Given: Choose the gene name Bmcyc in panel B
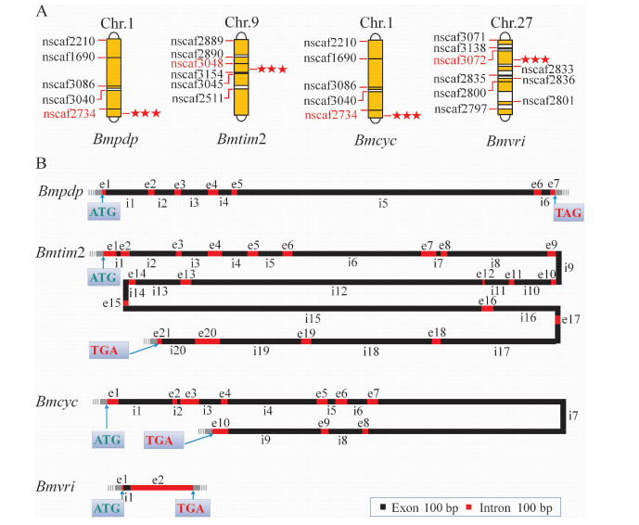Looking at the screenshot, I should pyautogui.click(x=58, y=402).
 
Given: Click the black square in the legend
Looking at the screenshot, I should pyautogui.click(x=382, y=508).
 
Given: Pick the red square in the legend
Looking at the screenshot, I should pyautogui.click(x=469, y=508).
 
